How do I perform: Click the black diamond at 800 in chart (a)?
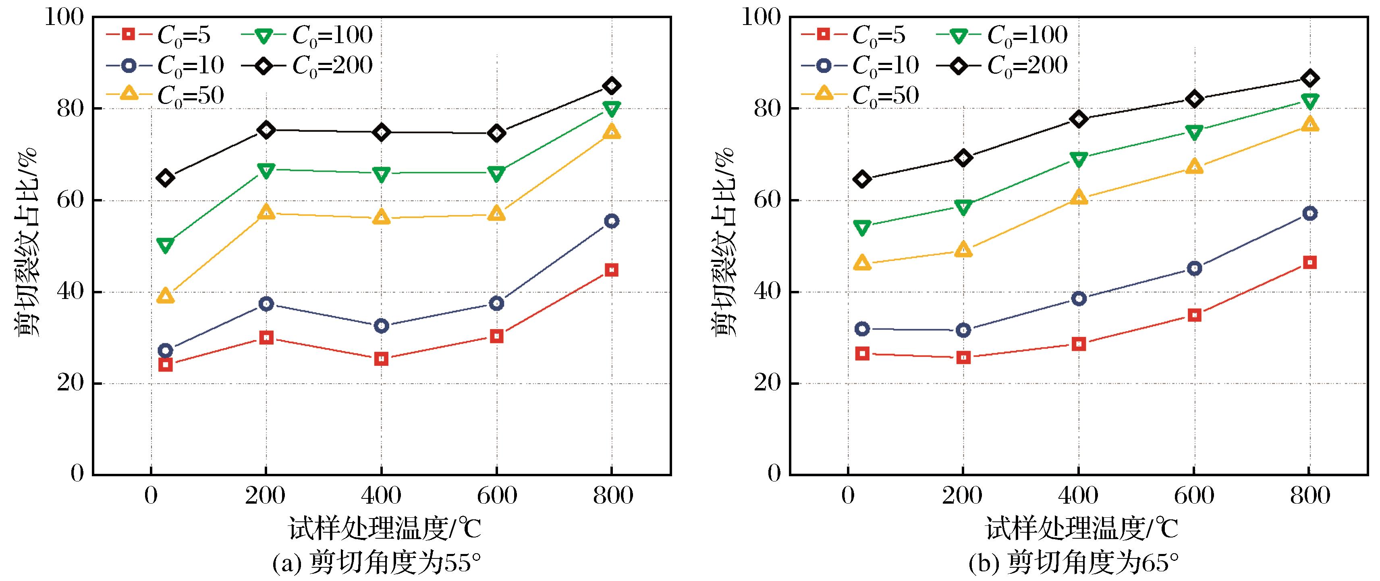pos(612,86)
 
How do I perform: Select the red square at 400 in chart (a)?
pos(382,359)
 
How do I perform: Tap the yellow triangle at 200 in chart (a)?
pos(266,213)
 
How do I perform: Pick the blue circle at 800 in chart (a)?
pos(612,221)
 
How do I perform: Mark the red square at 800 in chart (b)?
pos(1309,262)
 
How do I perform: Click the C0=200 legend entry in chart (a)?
pos(307,66)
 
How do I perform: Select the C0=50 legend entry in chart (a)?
pos(165,96)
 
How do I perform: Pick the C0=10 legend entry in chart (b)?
pos(860,66)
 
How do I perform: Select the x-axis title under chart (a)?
pos(385,529)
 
